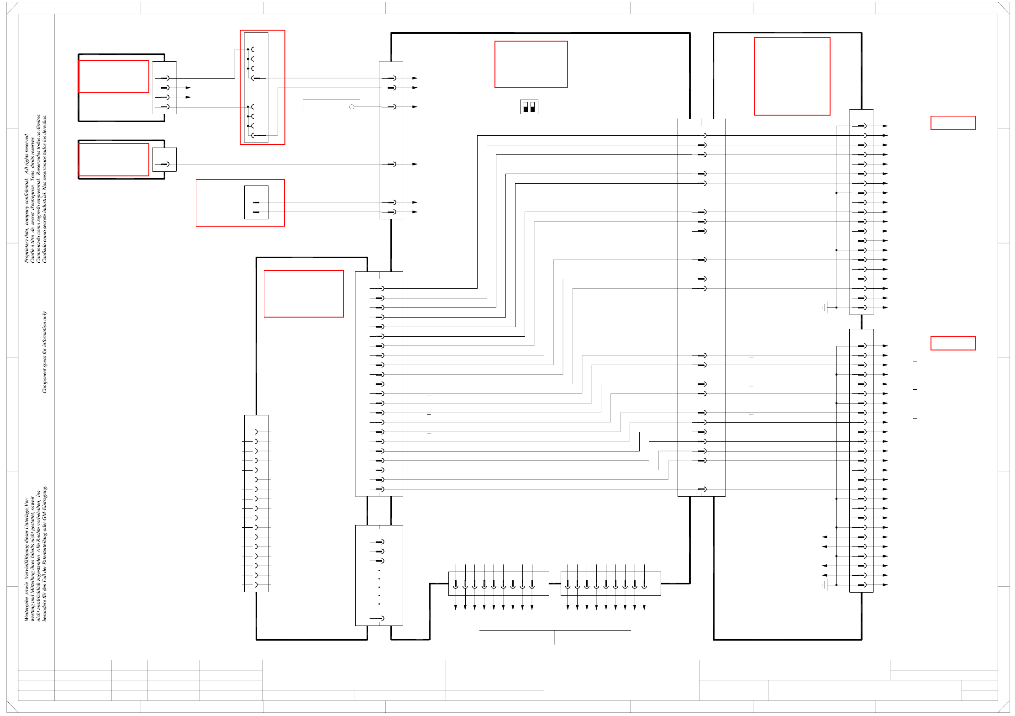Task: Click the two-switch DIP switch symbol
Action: pyautogui.click(x=529, y=107)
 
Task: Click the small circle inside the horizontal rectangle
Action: pyautogui.click(x=352, y=107)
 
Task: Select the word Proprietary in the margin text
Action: pyautogui.click(x=26, y=249)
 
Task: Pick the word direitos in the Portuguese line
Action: pyautogui.click(x=38, y=122)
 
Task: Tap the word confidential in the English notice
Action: pyautogui.click(x=26, y=192)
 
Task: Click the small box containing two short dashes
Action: pyautogui.click(x=256, y=202)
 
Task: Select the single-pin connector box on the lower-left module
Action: pyautogui.click(x=164, y=159)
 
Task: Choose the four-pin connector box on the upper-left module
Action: pyautogui.click(x=164, y=88)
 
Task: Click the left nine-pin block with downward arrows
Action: pyautogui.click(x=499, y=583)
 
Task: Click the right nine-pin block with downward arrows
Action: pyautogui.click(x=610, y=583)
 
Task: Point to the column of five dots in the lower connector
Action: pyautogui.click(x=379, y=587)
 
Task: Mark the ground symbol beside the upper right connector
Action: pyautogui.click(x=826, y=308)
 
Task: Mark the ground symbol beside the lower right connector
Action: pyautogui.click(x=826, y=585)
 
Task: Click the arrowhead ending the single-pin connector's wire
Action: pyautogui.click(x=415, y=164)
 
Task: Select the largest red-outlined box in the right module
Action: pyautogui.click(x=792, y=76)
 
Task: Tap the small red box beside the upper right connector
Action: pyautogui.click(x=953, y=123)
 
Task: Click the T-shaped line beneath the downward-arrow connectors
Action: pyautogui.click(x=555, y=633)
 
